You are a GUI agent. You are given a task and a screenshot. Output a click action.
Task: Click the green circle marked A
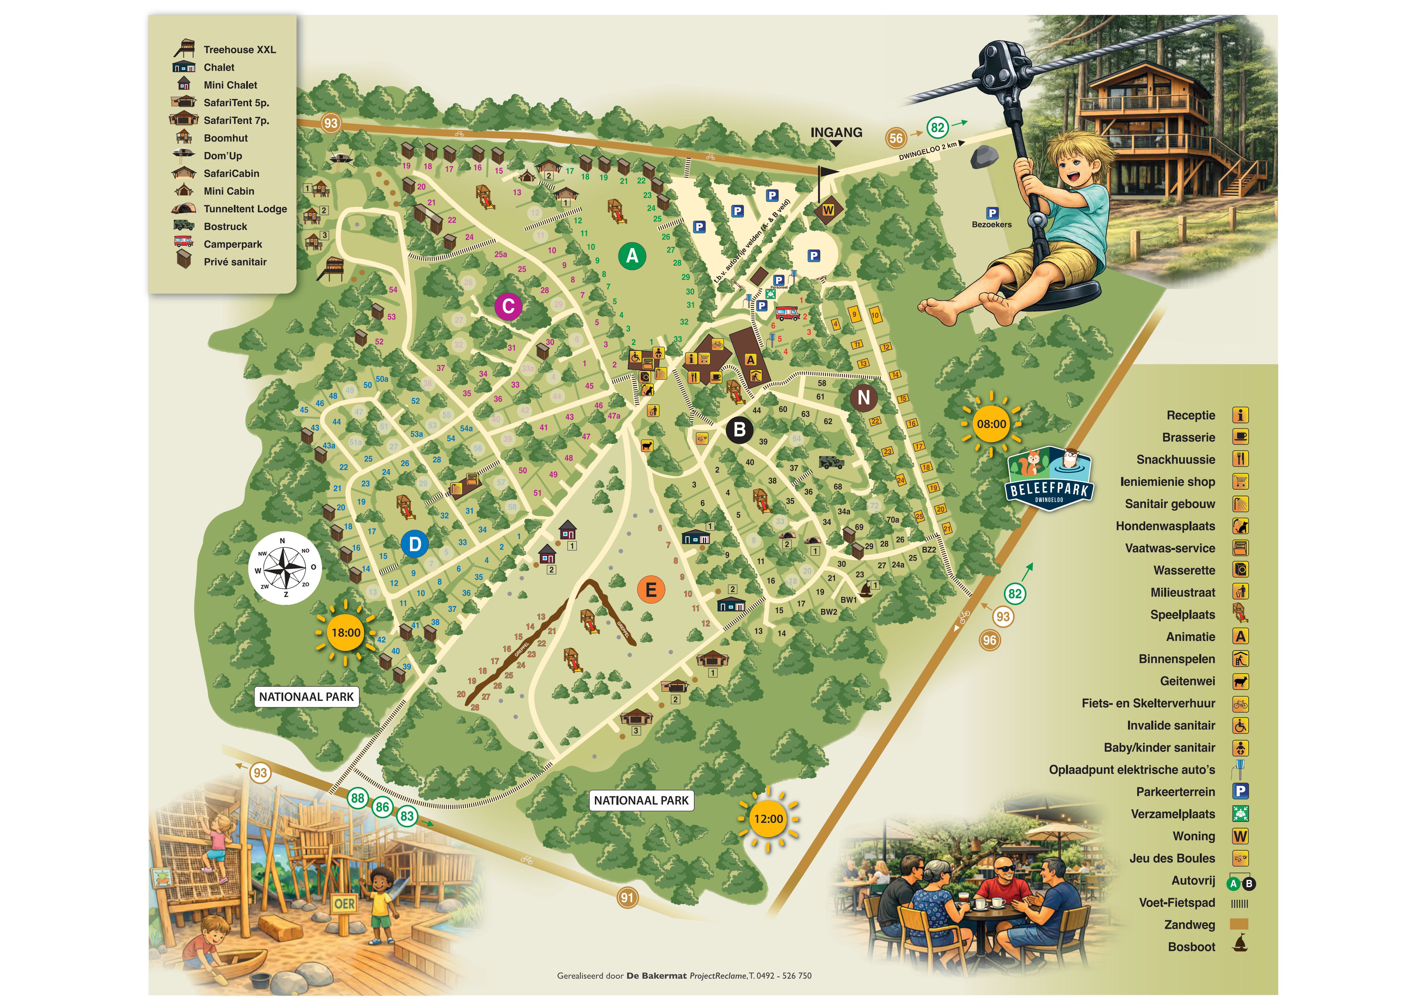(x=632, y=256)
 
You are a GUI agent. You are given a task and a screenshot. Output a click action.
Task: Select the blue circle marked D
(x=414, y=544)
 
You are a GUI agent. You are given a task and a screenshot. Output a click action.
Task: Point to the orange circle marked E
(x=650, y=590)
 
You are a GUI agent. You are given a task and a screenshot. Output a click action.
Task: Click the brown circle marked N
(x=863, y=397)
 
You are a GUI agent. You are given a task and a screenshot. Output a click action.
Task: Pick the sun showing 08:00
(x=991, y=424)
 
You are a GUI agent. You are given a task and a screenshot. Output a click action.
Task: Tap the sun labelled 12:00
(x=768, y=819)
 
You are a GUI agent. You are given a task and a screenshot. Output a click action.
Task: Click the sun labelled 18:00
(x=346, y=632)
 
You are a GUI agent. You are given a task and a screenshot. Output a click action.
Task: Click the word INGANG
(x=836, y=132)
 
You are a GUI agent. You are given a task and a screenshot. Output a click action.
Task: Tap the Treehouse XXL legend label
(x=240, y=50)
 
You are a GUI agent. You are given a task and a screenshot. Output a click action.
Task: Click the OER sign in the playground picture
(x=344, y=904)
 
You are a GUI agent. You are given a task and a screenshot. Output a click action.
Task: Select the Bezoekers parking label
(x=991, y=225)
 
